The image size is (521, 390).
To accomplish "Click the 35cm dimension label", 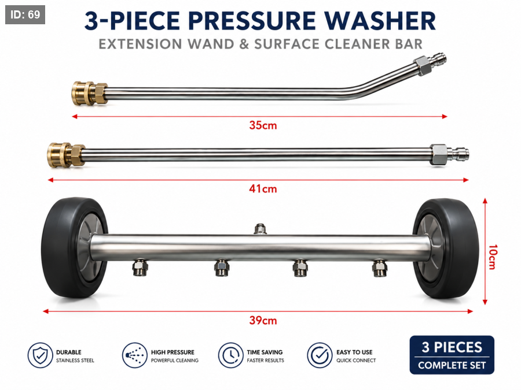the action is tap(263, 125).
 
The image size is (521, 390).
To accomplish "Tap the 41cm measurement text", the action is tap(263, 189).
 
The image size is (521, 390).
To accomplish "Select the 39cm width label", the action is tap(263, 320).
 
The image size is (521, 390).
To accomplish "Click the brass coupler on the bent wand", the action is tap(89, 94).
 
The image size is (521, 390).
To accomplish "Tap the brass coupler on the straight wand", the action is tap(66, 155).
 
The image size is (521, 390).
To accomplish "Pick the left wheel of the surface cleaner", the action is tap(75, 247).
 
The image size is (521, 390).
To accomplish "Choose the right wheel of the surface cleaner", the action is tap(446, 248).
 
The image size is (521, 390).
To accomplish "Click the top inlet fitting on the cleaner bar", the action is tap(260, 229).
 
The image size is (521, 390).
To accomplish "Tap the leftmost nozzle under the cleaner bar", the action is tap(139, 268).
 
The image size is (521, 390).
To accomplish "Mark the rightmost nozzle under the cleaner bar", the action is tap(379, 268).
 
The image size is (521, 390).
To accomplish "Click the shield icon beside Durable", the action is tap(40, 355).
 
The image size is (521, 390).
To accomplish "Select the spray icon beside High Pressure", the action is tap(134, 355).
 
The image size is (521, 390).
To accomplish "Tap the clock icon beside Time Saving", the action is tap(230, 355).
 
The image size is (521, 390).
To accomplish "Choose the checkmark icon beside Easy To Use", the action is tap(320, 355).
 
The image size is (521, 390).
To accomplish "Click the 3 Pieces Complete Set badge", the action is tap(452, 355).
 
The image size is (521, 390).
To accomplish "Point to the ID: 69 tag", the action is tap(25, 14).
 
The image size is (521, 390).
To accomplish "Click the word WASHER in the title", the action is tap(380, 21).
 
